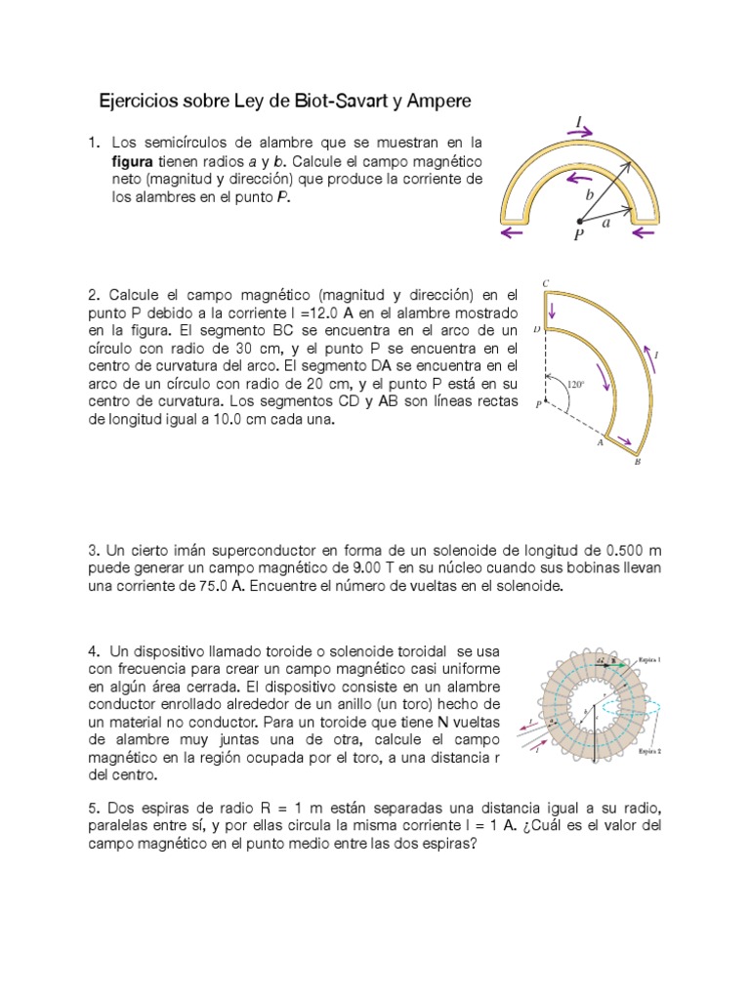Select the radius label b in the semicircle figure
point(589,195)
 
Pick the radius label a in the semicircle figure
point(606,224)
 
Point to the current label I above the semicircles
point(579,120)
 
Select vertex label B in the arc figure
point(638,463)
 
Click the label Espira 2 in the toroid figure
point(651,752)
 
